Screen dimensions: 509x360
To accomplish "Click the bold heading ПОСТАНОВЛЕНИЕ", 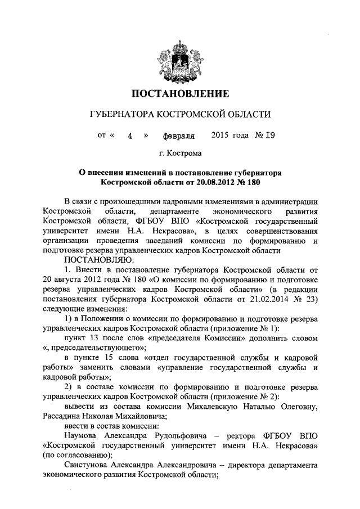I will tap(180, 93).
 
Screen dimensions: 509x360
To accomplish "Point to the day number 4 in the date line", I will tap(129, 136).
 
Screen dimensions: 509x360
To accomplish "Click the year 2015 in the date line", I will tap(222, 135).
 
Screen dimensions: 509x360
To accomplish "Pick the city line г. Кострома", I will tap(180, 153).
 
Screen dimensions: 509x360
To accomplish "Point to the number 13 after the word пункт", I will tap(96, 338).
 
